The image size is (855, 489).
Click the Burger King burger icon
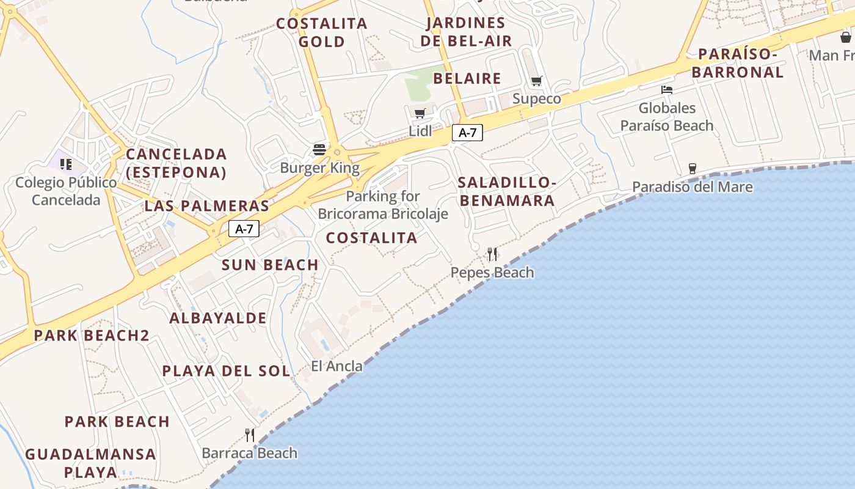click(x=319, y=150)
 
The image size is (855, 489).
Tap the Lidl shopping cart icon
click(x=420, y=113)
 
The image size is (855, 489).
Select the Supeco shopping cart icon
click(x=537, y=81)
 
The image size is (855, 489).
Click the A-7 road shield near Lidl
click(x=467, y=133)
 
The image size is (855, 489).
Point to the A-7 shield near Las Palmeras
click(x=244, y=229)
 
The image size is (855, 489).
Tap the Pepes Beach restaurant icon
click(x=492, y=254)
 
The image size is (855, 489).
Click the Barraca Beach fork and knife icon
click(x=250, y=435)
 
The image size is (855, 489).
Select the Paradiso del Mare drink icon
click(x=692, y=168)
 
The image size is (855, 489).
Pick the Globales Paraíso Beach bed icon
click(x=667, y=89)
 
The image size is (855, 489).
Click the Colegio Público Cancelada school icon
click(x=66, y=164)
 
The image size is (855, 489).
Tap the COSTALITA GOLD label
click(x=322, y=32)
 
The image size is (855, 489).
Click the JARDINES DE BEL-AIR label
click(x=467, y=32)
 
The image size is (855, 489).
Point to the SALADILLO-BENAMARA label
click(x=507, y=191)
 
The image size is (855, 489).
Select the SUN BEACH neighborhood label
click(x=270, y=265)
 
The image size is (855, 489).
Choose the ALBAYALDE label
click(x=218, y=318)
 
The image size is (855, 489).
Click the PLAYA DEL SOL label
click(x=226, y=371)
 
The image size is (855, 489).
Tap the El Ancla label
click(x=337, y=366)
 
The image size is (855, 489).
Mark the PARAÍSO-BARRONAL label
click(x=741, y=63)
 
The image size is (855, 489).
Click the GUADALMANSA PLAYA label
click(x=90, y=463)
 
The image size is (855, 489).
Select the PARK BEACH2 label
click(x=92, y=335)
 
